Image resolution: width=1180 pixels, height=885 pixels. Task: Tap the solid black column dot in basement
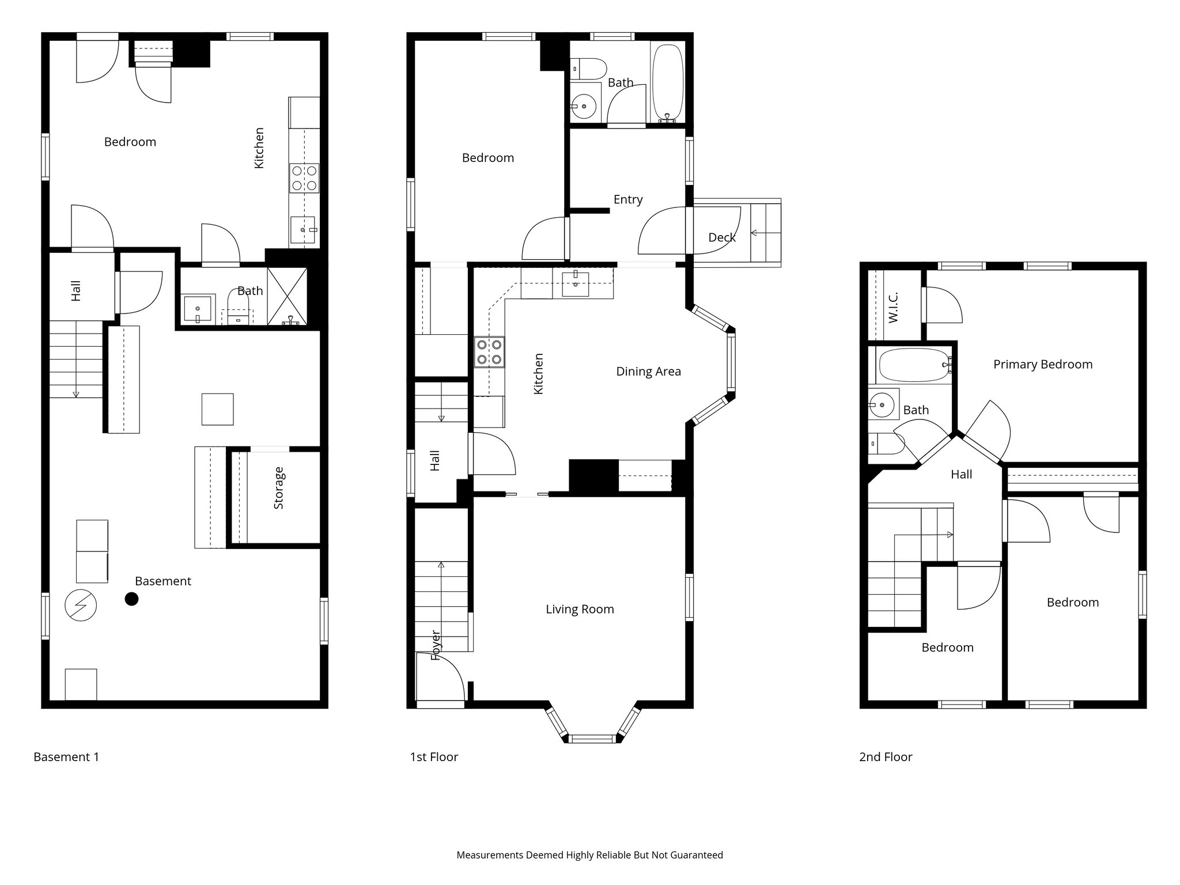pos(132,599)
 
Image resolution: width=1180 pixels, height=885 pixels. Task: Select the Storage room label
pos(279,488)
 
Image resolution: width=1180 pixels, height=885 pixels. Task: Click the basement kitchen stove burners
pos(304,178)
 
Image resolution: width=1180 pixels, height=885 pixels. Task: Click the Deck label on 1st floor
pos(721,237)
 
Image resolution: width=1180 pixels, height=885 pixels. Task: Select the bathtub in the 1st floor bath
pos(667,82)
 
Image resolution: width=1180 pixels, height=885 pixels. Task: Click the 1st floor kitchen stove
pos(489,352)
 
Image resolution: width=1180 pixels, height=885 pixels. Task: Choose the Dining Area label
pos(648,372)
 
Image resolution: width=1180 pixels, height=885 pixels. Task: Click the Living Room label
pos(580,609)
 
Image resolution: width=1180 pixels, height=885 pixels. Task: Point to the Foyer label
pos(436,645)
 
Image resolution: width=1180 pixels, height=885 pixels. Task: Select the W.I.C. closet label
pos(894,307)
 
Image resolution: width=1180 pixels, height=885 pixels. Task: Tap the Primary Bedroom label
pos(1042,364)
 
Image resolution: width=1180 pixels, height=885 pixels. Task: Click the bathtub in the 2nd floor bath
pos(913,365)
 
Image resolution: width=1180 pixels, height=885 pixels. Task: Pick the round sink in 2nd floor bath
pos(881,405)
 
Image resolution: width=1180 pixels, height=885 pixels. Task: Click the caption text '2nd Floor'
pos(885,757)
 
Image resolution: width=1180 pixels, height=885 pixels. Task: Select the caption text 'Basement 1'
pos(66,757)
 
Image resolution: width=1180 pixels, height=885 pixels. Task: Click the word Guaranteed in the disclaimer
pos(695,855)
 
